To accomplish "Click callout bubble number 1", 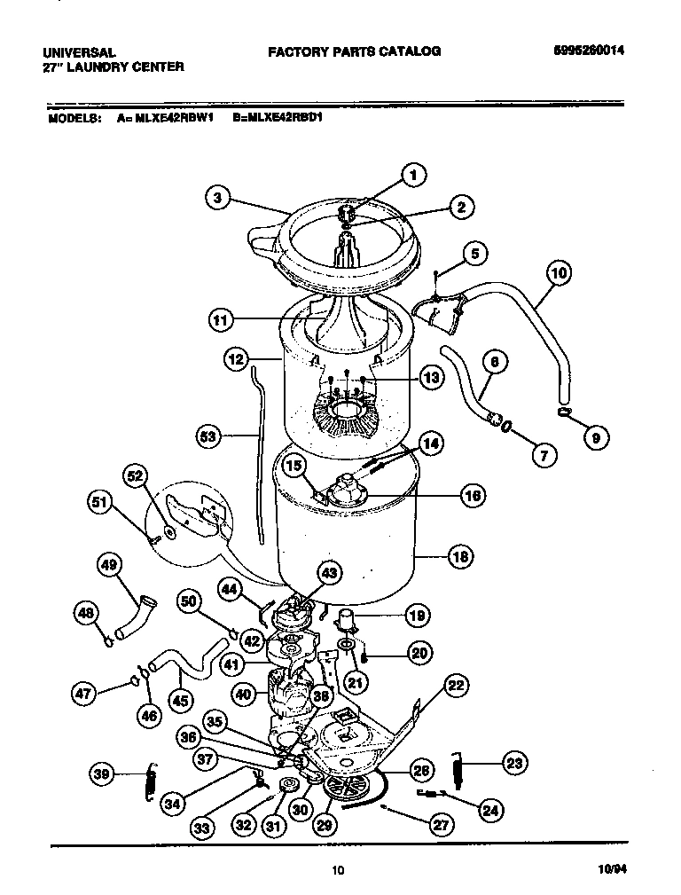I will (412, 176).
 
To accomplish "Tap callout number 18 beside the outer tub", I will (459, 557).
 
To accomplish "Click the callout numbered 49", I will (111, 564).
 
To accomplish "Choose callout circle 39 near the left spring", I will (103, 775).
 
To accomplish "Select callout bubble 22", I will (456, 684).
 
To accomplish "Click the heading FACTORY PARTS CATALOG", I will (355, 51).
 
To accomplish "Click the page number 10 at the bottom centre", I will (338, 870).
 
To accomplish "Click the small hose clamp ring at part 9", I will (564, 410).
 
